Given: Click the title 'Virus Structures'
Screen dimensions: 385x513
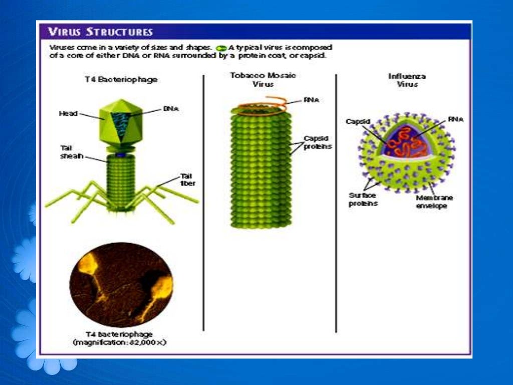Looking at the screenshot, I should click(100, 32).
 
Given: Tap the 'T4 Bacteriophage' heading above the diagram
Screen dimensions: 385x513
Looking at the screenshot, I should click(121, 80).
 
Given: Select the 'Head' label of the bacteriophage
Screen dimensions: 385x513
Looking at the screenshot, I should click(68, 114).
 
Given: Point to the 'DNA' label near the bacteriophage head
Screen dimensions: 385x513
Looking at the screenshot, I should click(171, 108).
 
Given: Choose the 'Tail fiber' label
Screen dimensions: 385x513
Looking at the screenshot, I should click(187, 179).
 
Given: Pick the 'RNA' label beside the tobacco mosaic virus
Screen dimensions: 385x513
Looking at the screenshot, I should click(311, 100).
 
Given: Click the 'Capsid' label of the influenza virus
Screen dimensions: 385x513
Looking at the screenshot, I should click(358, 121).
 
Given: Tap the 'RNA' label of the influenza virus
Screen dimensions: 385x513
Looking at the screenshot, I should click(455, 119).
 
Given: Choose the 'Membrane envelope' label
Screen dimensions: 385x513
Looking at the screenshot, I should click(434, 202).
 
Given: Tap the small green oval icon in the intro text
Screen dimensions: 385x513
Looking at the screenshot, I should click(221, 47).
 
